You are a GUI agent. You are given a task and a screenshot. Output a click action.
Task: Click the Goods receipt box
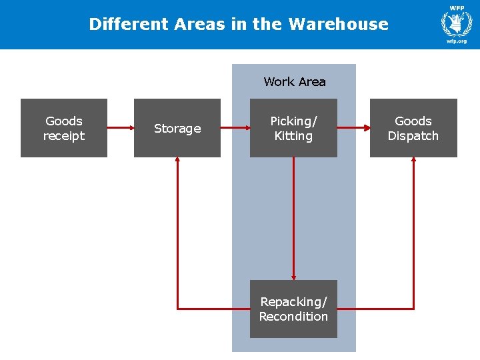pos(64,128)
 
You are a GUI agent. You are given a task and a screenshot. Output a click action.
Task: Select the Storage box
pos(177,128)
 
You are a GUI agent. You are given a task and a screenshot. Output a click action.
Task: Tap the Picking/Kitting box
pos(293,128)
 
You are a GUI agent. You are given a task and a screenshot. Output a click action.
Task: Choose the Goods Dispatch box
pos(413,128)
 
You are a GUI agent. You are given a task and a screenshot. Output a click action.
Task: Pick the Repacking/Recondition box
pos(293,309)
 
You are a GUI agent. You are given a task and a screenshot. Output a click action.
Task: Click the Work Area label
pos(295,82)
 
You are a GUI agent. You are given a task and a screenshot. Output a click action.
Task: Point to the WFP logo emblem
pos(457,23)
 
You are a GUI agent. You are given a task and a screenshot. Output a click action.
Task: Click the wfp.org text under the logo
pos(457,41)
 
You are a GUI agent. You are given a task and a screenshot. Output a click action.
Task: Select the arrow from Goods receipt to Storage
pos(121,127)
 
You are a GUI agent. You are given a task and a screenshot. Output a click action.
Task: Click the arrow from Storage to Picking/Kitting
pos(235,127)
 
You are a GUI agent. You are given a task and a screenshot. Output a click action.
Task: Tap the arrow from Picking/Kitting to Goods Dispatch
pos(353,127)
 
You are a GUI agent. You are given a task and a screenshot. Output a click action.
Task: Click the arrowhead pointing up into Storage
pos(177,161)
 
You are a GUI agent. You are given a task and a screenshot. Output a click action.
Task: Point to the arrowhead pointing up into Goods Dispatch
pos(413,161)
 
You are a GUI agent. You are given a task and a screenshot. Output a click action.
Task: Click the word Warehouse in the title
pos(339,24)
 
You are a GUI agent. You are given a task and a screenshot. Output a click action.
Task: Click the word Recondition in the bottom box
pos(293,317)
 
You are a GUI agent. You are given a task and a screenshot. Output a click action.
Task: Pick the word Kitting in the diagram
pos(293,136)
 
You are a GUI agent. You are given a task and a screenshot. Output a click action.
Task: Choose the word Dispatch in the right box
pos(413,136)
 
